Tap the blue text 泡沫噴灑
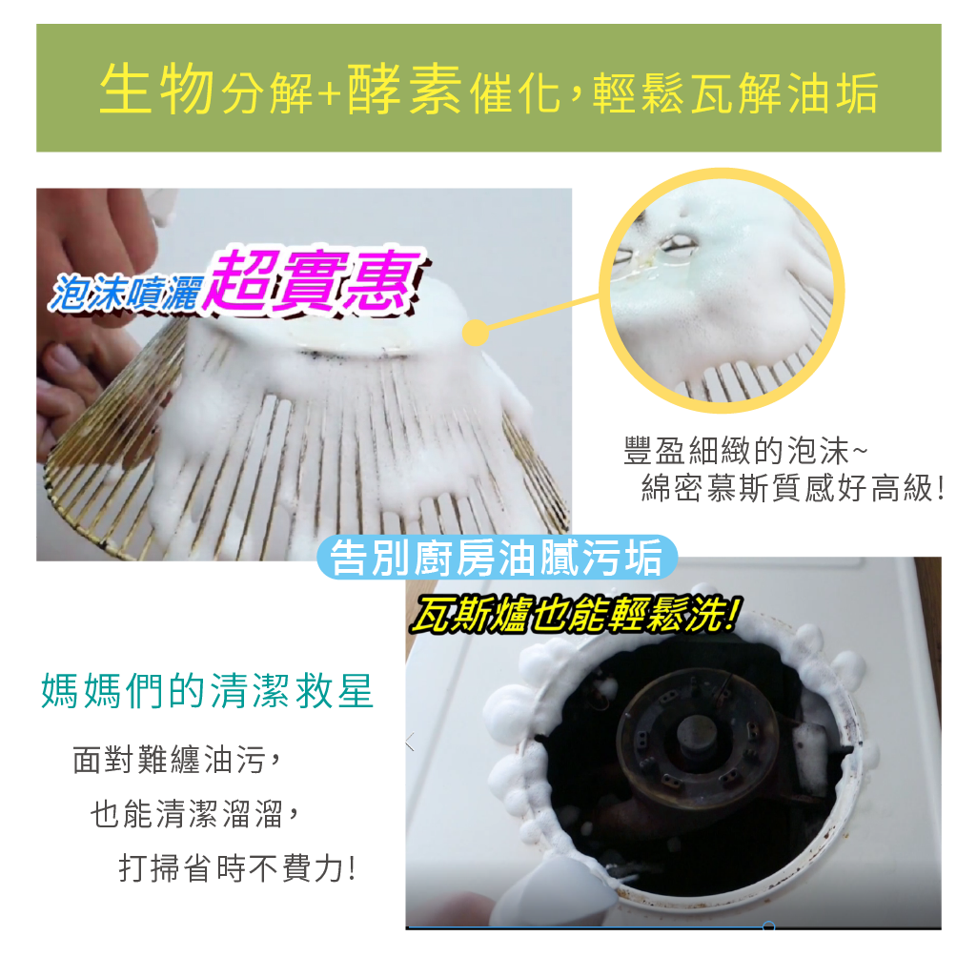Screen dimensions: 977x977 point(127,293)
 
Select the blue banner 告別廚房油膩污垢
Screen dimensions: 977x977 point(497,557)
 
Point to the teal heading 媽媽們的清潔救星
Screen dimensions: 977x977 point(208,691)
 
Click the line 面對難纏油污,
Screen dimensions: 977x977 point(177,760)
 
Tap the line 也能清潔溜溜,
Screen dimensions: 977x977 point(195,814)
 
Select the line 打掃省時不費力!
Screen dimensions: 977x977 point(237,868)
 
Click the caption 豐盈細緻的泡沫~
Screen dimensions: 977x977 point(745,451)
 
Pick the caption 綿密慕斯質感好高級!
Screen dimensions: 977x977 point(793,488)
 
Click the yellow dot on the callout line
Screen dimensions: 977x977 point(476,333)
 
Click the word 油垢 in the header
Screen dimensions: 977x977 point(833,92)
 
